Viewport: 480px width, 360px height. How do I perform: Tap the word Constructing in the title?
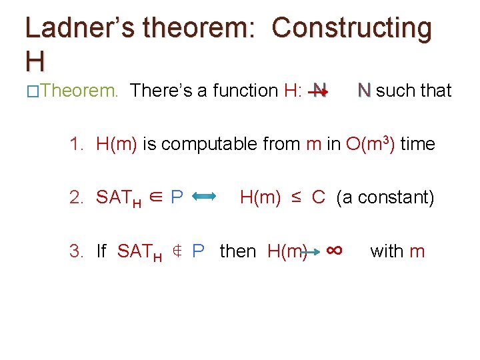click(352, 28)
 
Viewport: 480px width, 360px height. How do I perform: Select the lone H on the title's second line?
click(35, 61)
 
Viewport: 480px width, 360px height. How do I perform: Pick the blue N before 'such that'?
click(364, 90)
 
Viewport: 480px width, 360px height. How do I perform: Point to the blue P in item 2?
click(177, 197)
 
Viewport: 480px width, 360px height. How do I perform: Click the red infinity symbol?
click(335, 250)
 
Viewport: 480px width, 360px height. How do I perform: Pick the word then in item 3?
click(237, 251)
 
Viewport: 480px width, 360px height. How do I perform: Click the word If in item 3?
click(101, 251)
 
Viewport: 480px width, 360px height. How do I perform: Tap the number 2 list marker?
click(77, 197)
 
